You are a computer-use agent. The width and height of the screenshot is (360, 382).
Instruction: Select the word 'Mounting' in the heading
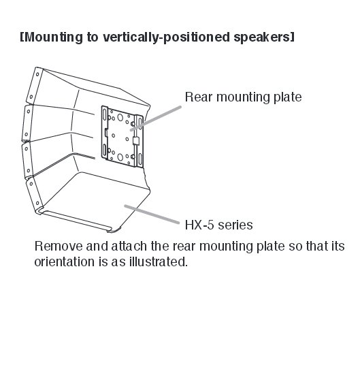point(54,37)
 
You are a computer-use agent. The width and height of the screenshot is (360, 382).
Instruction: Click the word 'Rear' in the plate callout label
point(199,97)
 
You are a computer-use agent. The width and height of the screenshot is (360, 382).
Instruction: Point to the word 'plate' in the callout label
point(288,97)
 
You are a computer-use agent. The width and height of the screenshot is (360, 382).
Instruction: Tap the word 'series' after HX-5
point(235,225)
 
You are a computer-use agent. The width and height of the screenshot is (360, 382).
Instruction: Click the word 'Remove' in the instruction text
point(59,246)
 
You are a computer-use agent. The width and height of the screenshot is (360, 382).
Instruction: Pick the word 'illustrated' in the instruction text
point(158,261)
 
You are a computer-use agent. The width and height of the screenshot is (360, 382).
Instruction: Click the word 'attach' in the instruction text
point(129,246)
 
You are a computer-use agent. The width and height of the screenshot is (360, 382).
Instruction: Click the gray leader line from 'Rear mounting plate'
point(156,118)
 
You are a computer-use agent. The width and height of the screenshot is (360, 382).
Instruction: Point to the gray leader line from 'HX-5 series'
point(152,214)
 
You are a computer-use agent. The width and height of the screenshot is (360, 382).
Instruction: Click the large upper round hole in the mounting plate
point(120,117)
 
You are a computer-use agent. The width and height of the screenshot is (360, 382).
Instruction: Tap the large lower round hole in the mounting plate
point(120,157)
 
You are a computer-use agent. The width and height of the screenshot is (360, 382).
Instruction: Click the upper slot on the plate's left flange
point(105,114)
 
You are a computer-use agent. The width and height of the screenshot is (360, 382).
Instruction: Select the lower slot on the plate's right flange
point(140,159)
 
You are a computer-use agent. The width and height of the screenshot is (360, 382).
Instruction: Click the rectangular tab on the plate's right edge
point(136,141)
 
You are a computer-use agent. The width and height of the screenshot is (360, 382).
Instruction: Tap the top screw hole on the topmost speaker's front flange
point(37,74)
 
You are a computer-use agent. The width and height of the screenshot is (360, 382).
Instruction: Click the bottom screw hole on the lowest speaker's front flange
point(37,203)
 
